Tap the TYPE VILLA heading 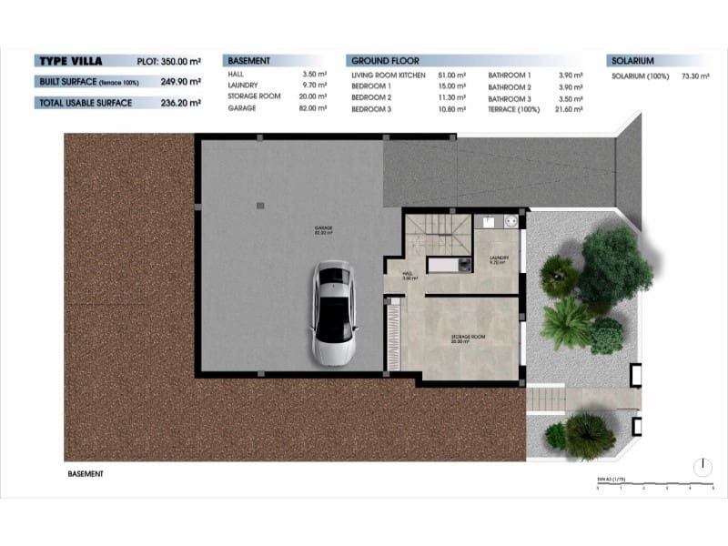[69, 61]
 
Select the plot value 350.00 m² [180, 61]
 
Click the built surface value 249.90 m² [180, 82]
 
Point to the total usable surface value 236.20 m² [180, 103]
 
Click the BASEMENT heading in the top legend [249, 61]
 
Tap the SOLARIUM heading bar [633, 61]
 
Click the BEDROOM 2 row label [371, 97]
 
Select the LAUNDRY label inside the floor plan [498, 258]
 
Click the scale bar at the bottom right [655, 486]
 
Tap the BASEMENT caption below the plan [86, 474]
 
